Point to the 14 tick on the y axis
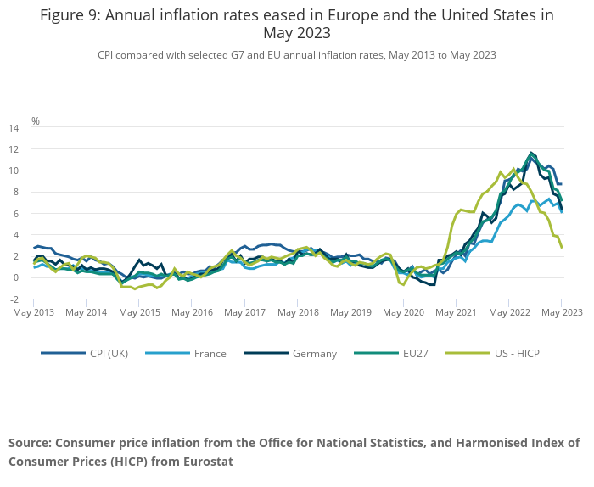[x=14, y=128]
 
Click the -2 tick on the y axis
[x=14, y=299]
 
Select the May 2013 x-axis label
[x=34, y=312]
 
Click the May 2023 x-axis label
[x=561, y=312]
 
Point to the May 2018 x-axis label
[x=297, y=312]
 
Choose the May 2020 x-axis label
[x=403, y=312]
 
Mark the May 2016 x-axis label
[x=192, y=312]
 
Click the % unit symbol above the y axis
[x=36, y=120]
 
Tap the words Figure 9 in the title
[x=70, y=14]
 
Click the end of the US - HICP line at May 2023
[x=561, y=247]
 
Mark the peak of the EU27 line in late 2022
[x=532, y=154]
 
